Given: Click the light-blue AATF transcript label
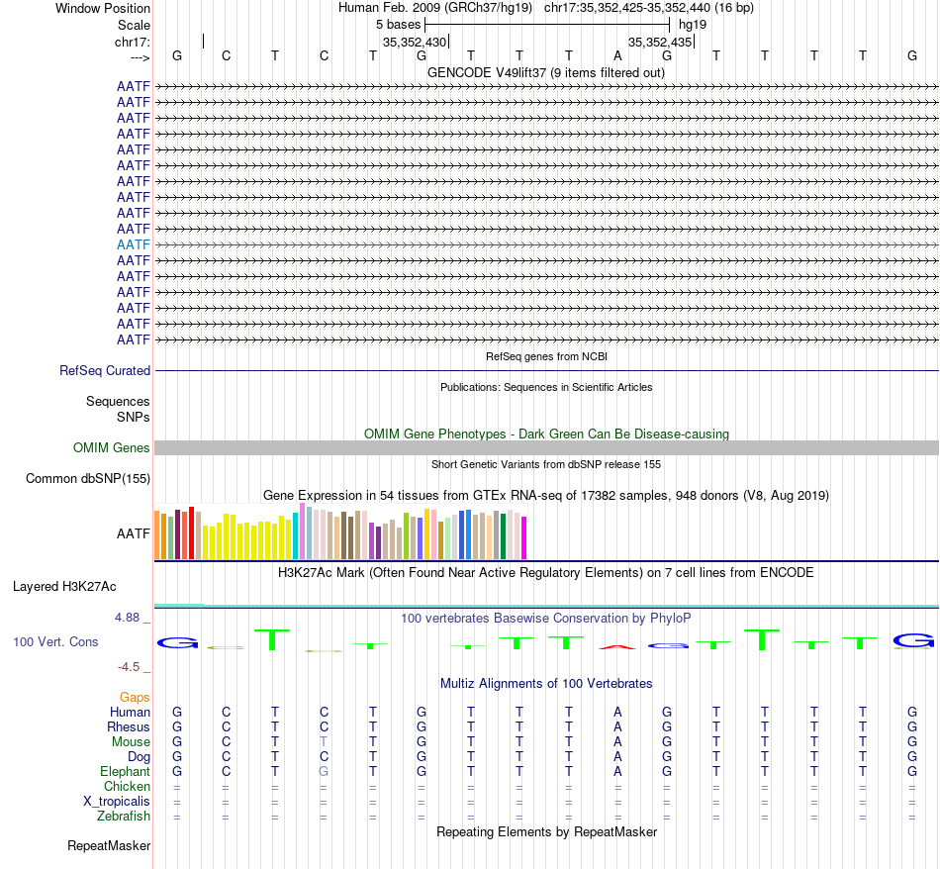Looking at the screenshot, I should (x=134, y=244).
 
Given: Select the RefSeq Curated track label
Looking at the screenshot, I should (x=105, y=371).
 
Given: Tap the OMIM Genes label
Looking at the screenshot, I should (x=112, y=448).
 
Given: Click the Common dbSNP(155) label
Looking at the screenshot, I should (x=87, y=479).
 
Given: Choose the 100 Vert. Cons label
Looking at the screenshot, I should (x=55, y=642).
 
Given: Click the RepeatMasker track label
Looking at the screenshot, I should (x=109, y=846).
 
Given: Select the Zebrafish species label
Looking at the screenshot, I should (x=124, y=817).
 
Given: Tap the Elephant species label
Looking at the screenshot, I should (x=125, y=772).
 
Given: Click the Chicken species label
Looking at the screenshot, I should (x=128, y=787).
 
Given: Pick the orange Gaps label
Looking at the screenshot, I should (x=135, y=698).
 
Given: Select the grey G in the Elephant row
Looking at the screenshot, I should (x=324, y=772).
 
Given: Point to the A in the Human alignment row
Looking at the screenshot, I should (x=617, y=713).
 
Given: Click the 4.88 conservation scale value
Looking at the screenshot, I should (x=132, y=618).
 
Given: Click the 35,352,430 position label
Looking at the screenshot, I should (x=415, y=43).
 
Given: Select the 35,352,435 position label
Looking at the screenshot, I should (x=660, y=43).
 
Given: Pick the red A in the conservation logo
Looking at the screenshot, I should (x=617, y=647).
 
